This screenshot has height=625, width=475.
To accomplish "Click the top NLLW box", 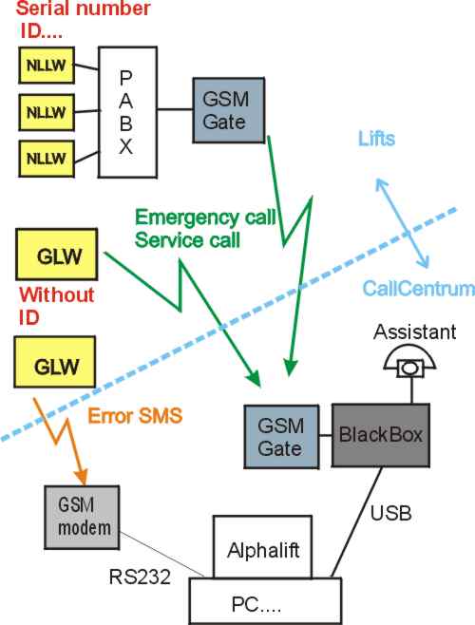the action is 47,66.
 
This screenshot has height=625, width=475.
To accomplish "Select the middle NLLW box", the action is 47,112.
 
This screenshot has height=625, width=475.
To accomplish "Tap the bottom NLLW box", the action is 47,159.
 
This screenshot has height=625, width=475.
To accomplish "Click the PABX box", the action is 127,112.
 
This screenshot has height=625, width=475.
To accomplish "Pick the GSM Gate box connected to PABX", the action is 229,110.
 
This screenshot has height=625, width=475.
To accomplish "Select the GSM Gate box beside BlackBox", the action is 281,437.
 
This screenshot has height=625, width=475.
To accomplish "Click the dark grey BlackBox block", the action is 381,435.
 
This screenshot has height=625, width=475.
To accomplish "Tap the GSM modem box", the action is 82,518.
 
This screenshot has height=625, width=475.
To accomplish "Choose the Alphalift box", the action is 262,547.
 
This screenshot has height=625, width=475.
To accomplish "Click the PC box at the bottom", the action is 265,601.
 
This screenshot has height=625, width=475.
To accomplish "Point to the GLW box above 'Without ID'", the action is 57,255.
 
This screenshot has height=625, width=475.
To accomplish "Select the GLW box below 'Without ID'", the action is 55,362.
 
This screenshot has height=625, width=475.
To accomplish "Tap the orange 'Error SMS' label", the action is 135,416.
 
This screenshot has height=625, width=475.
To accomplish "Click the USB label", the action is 390,513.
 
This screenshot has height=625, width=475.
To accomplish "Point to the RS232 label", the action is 140,577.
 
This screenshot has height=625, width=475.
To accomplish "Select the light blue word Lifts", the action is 376,139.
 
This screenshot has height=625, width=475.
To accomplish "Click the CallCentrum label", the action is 418,288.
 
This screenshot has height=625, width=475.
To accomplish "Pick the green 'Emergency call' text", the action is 205,218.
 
